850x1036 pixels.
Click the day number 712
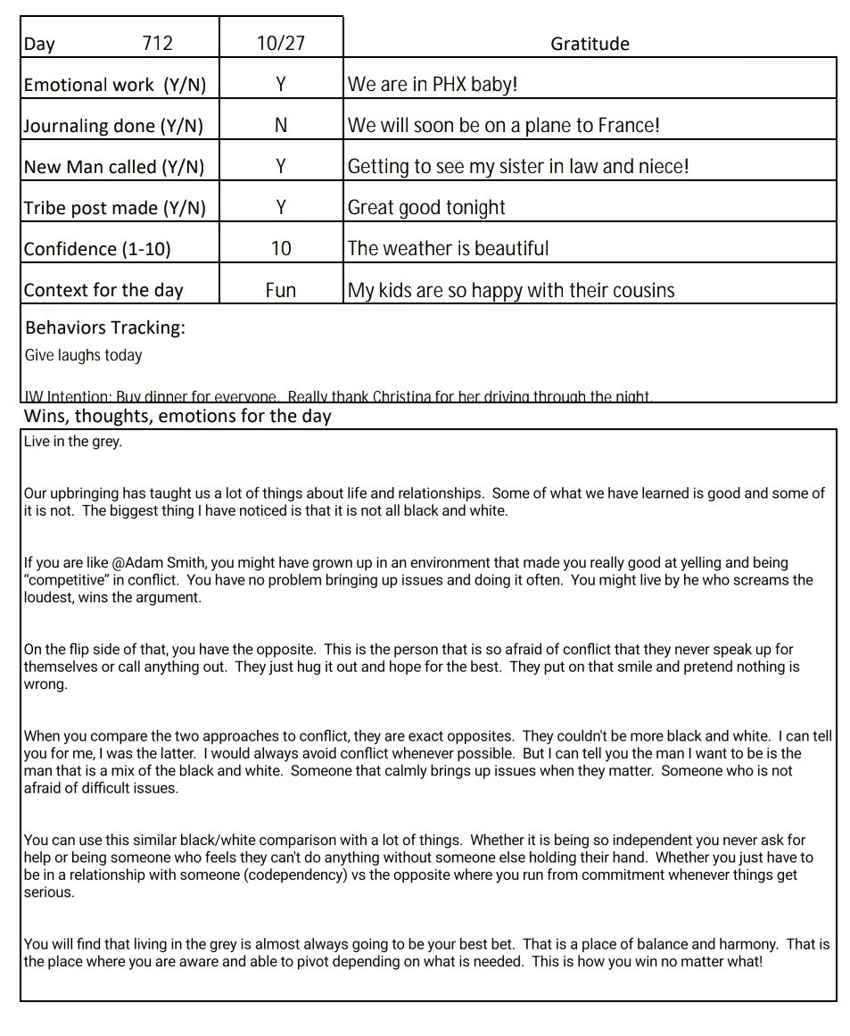point(157,44)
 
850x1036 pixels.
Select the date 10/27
point(280,44)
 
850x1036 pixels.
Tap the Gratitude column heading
point(590,44)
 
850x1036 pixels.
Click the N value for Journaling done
point(280,126)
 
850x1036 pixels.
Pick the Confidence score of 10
point(280,249)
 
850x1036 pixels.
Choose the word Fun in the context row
point(280,290)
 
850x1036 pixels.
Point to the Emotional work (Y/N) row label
point(114,85)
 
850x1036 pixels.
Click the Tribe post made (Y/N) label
point(114,208)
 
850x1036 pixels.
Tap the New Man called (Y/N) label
point(113,167)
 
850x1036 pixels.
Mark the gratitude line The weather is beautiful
point(448,249)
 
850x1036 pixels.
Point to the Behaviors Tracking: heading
point(105,327)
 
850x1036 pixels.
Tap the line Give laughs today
point(83,355)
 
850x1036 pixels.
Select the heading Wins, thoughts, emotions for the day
point(177,417)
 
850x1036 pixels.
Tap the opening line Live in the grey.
point(72,442)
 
